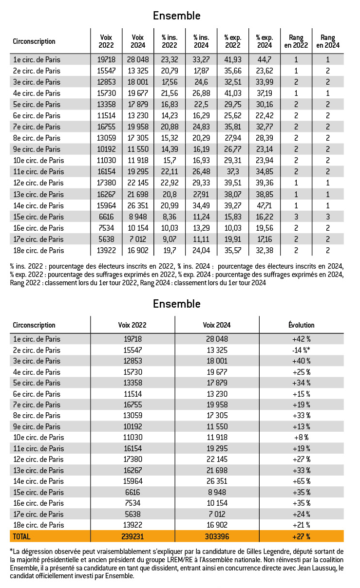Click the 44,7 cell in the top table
coord(265,59)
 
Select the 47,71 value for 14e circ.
coord(265,205)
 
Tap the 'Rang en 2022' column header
coord(296,41)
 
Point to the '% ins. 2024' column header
coord(201,41)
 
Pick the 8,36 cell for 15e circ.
coord(169,217)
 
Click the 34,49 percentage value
coord(201,205)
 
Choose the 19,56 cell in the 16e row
coord(265,228)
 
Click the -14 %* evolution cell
coord(302,350)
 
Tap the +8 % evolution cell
coord(302,437)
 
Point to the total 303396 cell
coord(217,536)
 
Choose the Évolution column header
coord(302,325)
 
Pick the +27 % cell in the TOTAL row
coord(302,536)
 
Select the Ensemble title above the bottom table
coord(176,304)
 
